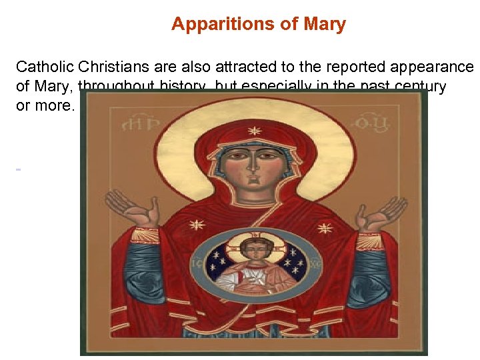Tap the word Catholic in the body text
point(45,67)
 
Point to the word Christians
point(114,67)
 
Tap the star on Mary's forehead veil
point(254,131)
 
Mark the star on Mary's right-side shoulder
point(325,228)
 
